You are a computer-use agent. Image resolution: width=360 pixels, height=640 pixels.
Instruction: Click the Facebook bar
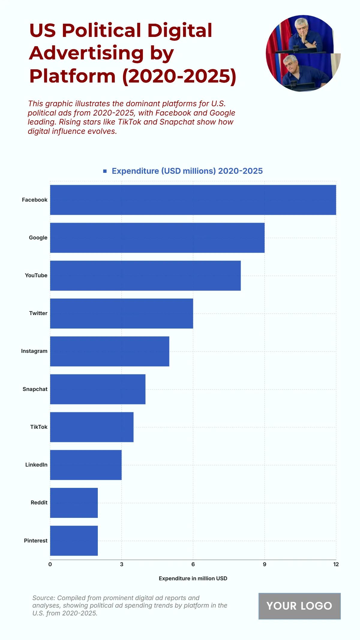(x=193, y=200)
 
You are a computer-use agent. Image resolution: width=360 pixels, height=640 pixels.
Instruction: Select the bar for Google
(x=157, y=238)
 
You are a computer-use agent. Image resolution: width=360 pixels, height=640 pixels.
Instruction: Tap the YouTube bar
(x=145, y=275)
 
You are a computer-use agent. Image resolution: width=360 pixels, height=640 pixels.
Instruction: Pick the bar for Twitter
(x=121, y=313)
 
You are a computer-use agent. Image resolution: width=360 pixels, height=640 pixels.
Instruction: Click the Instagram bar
(x=109, y=351)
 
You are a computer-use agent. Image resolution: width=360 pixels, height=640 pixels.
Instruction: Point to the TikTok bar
(x=92, y=427)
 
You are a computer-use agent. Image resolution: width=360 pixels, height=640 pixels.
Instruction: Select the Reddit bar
(x=74, y=503)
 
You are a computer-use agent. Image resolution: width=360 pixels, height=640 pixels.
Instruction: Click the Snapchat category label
(x=35, y=389)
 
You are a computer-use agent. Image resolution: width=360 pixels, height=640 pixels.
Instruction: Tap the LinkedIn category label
(x=36, y=465)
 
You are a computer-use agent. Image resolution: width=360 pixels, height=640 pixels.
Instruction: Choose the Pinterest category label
(x=35, y=541)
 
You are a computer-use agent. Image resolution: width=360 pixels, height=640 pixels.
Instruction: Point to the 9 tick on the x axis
(x=264, y=564)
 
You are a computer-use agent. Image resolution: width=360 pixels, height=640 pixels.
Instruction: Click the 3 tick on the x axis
(x=121, y=564)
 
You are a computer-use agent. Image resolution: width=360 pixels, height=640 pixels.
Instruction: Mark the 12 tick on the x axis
(x=336, y=564)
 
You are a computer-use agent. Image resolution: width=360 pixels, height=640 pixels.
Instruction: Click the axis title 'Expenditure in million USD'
(x=193, y=578)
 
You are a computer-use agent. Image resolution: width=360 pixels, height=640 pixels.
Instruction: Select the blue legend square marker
(x=105, y=171)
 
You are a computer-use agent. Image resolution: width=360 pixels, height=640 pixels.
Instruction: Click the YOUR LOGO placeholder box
(x=299, y=606)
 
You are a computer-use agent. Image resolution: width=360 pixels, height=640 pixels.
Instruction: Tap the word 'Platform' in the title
(x=72, y=76)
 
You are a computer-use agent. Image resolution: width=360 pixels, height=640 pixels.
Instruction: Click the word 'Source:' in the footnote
(x=44, y=598)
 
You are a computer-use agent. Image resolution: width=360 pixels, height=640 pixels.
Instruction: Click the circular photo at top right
(x=303, y=53)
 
